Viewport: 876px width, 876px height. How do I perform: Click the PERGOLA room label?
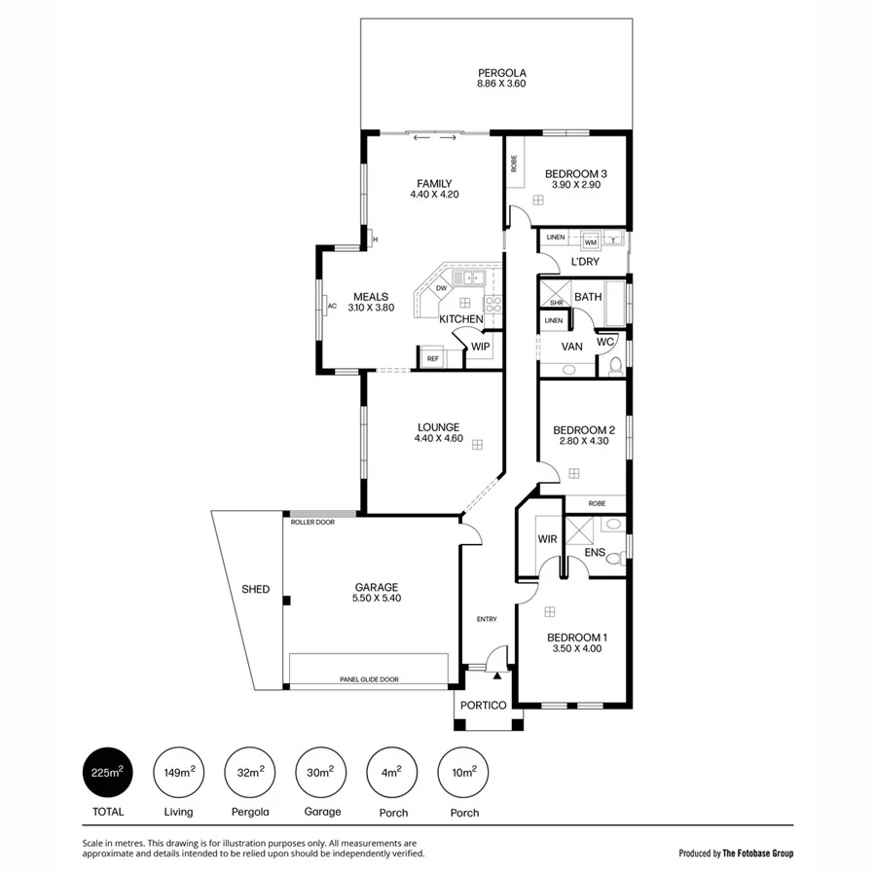(501, 73)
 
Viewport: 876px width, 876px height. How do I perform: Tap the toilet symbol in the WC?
(614, 366)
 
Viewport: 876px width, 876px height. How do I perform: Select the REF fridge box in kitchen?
(432, 359)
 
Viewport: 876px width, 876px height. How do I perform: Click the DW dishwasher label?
(441, 288)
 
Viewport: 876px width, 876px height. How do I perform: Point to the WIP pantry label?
(480, 347)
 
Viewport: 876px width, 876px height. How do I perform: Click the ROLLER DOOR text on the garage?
(312, 523)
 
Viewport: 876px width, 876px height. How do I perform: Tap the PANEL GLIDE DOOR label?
(369, 680)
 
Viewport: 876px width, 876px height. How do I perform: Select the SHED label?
(255, 590)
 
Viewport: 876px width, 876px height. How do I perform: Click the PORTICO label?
(484, 706)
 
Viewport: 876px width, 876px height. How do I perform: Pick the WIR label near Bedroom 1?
(546, 539)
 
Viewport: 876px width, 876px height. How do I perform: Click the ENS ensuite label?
(595, 553)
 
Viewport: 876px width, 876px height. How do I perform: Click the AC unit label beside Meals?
(332, 306)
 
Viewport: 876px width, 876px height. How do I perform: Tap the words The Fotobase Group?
(757, 854)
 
